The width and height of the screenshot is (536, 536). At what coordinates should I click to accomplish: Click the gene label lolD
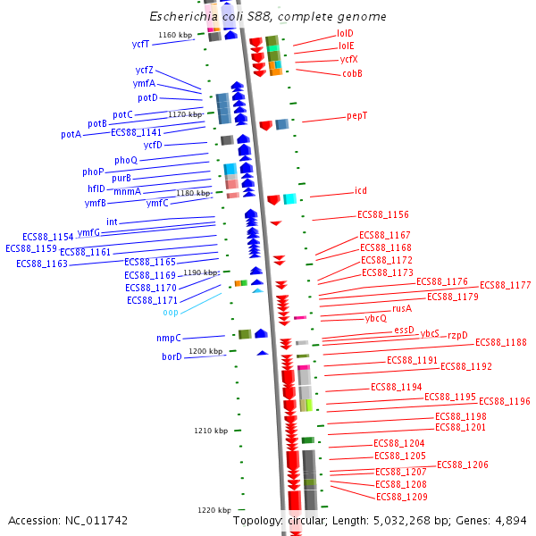(x=345, y=33)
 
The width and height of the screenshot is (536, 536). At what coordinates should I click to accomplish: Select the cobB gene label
(x=352, y=73)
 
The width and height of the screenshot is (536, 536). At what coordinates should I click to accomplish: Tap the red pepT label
(x=357, y=116)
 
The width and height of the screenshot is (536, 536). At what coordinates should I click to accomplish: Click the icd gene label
(x=360, y=191)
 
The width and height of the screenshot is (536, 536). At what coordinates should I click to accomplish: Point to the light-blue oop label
(x=171, y=313)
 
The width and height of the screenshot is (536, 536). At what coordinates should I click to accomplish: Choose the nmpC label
(x=169, y=339)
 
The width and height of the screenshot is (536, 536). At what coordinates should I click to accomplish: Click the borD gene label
(x=172, y=357)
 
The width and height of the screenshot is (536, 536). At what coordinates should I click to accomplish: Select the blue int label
(x=112, y=222)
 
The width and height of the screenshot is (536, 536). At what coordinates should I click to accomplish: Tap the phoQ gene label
(x=126, y=160)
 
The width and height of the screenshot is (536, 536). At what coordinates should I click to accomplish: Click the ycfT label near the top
(x=141, y=44)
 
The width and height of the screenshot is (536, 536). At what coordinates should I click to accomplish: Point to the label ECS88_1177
(x=506, y=286)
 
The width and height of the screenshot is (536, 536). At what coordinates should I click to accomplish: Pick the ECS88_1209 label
(x=401, y=497)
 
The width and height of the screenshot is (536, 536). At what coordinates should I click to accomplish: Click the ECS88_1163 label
(x=41, y=264)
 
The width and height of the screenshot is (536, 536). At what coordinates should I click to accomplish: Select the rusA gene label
(x=402, y=308)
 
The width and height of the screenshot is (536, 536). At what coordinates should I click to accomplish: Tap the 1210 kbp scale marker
(x=211, y=431)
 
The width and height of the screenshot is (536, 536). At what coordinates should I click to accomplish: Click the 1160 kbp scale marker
(x=175, y=36)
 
